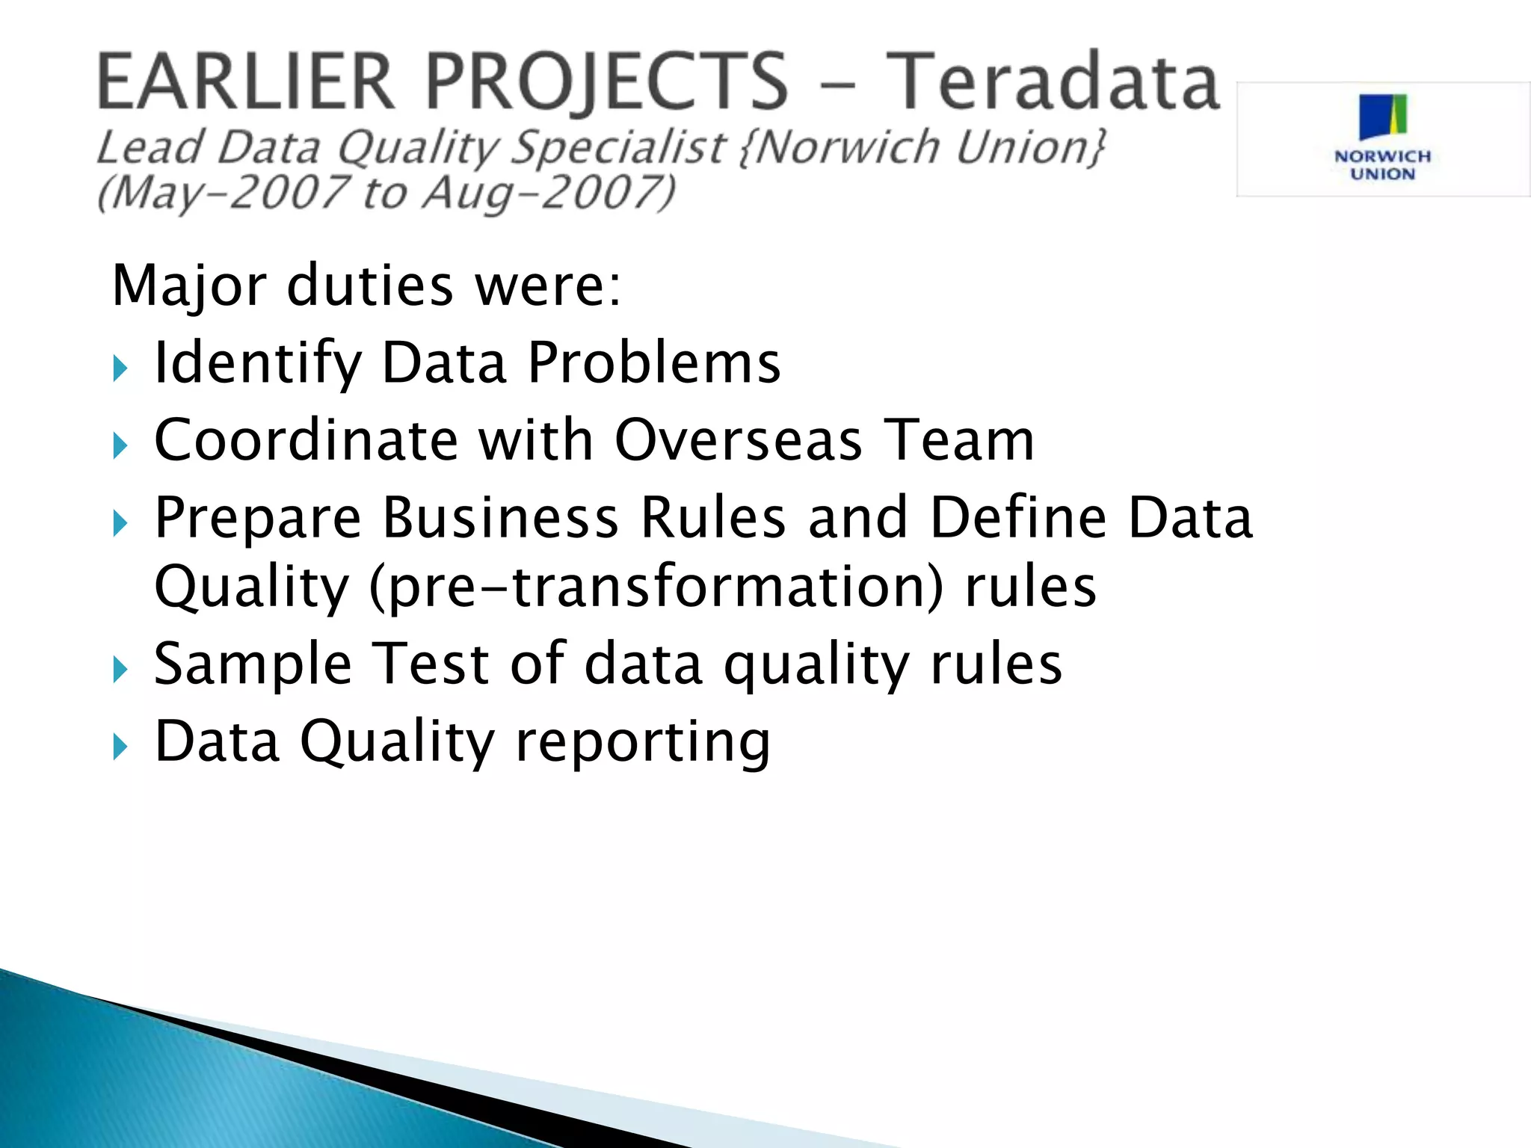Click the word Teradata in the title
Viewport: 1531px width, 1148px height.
pyautogui.click(x=1056, y=82)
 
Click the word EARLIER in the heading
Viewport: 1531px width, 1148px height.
pyautogui.click(x=245, y=82)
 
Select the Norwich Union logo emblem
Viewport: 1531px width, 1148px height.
pyautogui.click(x=1383, y=117)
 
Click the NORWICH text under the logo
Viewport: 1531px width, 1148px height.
pyautogui.click(x=1382, y=157)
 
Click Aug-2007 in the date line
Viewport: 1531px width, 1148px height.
pyautogui.click(x=549, y=193)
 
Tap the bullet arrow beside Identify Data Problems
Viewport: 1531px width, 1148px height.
pyautogui.click(x=120, y=368)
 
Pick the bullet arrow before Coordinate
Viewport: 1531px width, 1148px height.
pyautogui.click(x=120, y=446)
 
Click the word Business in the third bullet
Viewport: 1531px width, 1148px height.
pyautogui.click(x=501, y=517)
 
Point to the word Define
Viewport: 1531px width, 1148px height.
pyautogui.click(x=1017, y=517)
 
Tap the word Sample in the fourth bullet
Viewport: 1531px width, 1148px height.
pyautogui.click(x=253, y=664)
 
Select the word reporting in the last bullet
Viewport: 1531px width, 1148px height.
pyautogui.click(x=642, y=743)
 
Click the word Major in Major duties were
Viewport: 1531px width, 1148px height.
pyautogui.click(x=189, y=287)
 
